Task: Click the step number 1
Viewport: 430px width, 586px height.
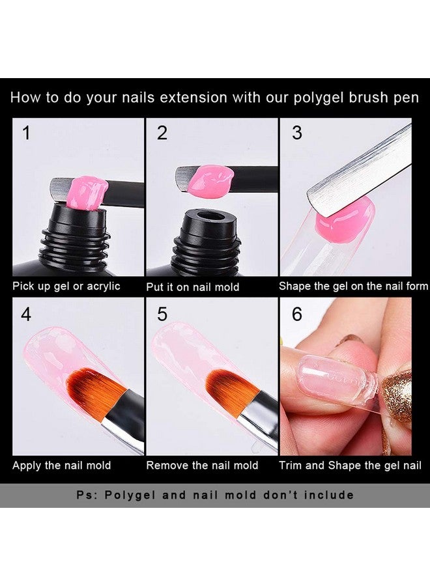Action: pyautogui.click(x=26, y=133)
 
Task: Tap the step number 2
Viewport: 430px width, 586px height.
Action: pyautogui.click(x=162, y=133)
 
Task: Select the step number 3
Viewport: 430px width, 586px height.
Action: pyautogui.click(x=296, y=133)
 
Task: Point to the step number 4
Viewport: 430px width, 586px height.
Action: pyautogui.click(x=26, y=314)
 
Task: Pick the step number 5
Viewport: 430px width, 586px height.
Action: pyautogui.click(x=162, y=314)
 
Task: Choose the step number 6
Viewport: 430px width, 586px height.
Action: pyautogui.click(x=296, y=314)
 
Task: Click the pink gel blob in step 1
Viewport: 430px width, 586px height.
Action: pyautogui.click(x=87, y=193)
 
